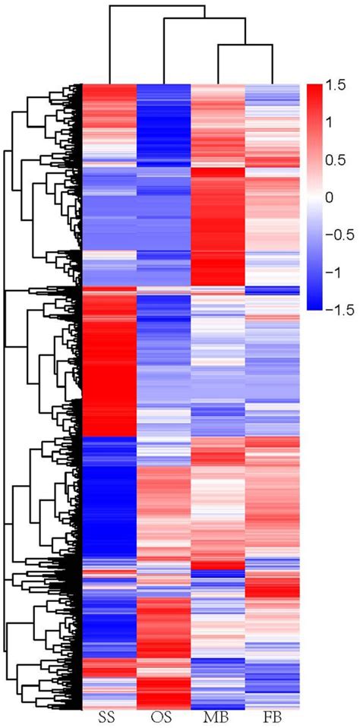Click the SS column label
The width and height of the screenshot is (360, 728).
point(109,717)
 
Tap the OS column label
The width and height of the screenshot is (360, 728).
point(163,717)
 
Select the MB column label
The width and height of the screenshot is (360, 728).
point(218,717)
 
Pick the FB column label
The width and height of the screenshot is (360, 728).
point(273,717)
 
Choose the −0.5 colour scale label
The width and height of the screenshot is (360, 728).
point(340,235)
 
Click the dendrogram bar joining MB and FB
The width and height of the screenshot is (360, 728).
point(245,46)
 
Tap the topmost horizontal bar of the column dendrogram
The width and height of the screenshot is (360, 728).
point(156,5)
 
